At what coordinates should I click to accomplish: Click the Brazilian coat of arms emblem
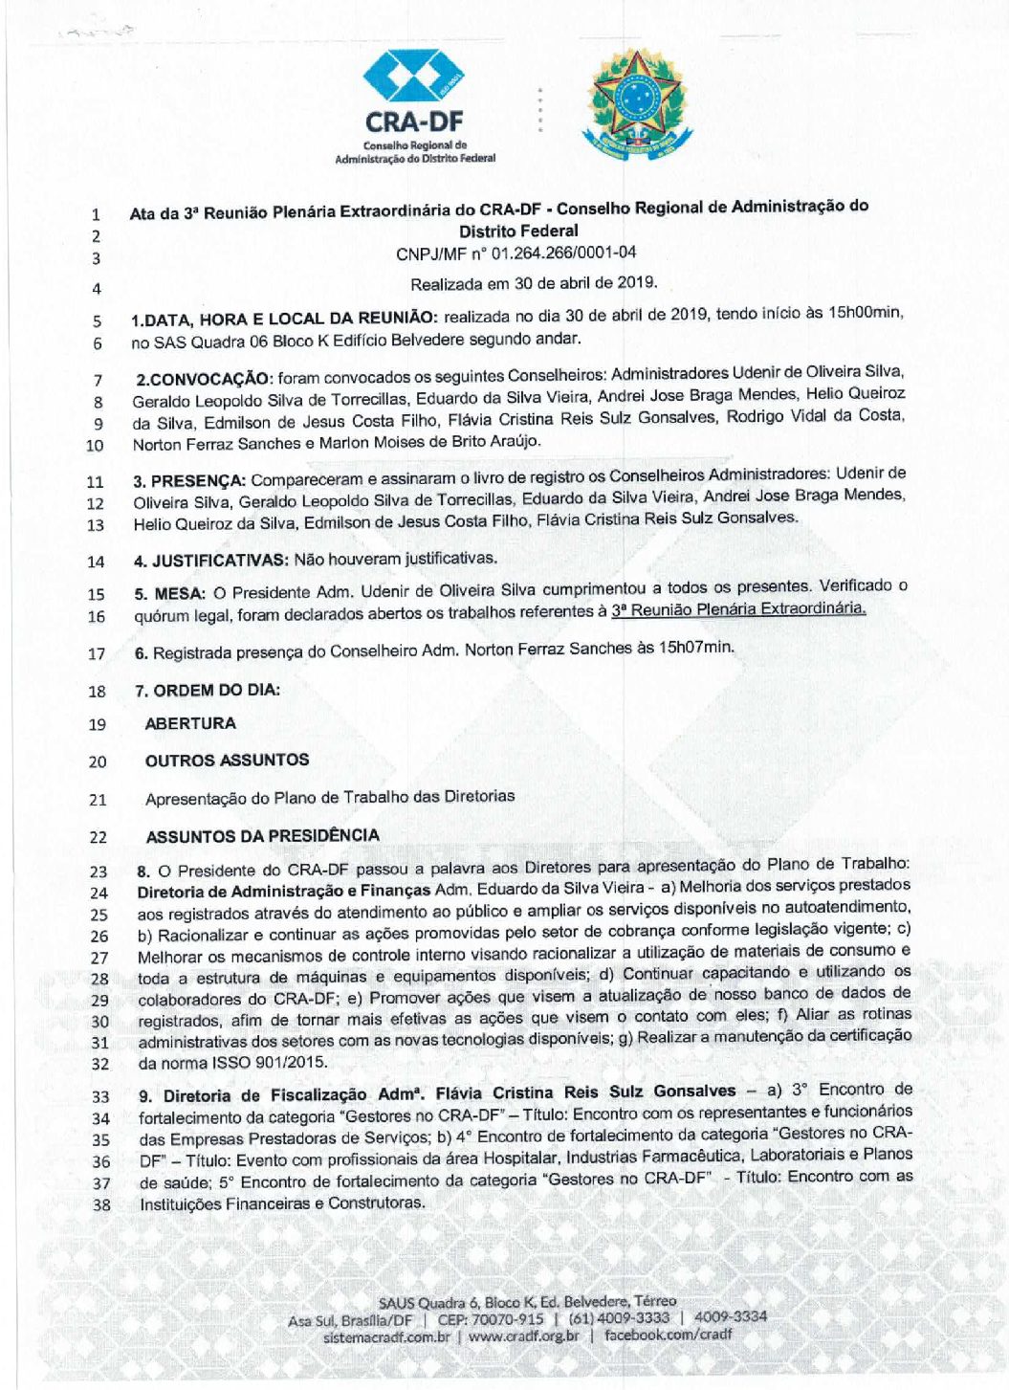point(636,102)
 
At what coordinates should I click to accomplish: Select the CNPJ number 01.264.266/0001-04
point(563,254)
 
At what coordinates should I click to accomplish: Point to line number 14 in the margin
point(96,562)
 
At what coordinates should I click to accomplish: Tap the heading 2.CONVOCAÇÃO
point(205,379)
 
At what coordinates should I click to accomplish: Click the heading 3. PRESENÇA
point(189,480)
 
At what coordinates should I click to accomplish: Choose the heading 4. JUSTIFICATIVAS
point(210,560)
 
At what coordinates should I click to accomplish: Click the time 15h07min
point(696,648)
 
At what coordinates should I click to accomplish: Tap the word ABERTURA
point(190,723)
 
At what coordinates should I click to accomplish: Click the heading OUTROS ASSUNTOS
point(227,761)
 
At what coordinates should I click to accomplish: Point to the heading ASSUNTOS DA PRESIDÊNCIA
point(262,836)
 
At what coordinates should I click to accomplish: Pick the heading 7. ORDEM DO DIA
point(208,690)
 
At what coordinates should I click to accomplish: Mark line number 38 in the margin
point(101,1204)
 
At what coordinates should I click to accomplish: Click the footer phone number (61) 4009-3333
point(619,1318)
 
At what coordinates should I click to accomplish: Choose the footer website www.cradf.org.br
point(524,1335)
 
